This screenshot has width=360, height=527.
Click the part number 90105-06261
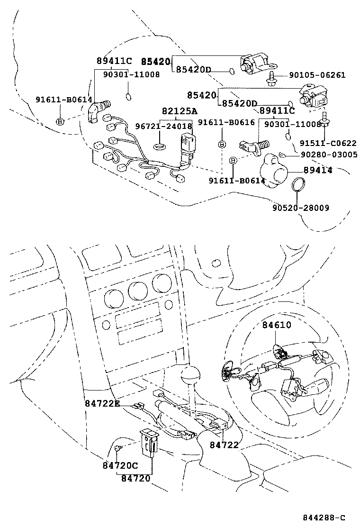(317, 75)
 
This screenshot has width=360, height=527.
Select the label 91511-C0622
(327, 143)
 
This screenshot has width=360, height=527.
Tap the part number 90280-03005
(329, 154)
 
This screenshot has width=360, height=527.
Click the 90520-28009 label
(301, 208)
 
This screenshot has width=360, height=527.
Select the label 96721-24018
(164, 127)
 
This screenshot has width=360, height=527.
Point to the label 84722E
(103, 403)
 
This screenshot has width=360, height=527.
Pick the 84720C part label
(120, 465)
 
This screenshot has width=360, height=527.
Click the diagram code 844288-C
(324, 518)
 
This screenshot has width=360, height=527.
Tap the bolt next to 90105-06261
(272, 78)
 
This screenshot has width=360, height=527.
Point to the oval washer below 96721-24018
(161, 145)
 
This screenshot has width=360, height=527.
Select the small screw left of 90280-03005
(281, 154)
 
